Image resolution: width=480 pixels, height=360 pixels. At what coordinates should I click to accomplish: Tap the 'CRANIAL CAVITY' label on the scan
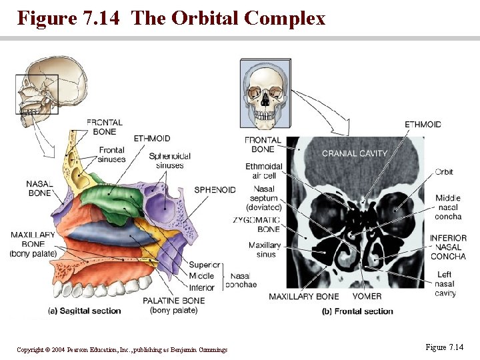point(354,153)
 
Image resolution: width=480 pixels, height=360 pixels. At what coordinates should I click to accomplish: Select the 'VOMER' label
point(367,296)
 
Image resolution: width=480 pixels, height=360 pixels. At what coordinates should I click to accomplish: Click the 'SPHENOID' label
point(215,190)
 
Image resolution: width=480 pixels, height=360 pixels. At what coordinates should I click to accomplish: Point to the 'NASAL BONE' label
point(39,188)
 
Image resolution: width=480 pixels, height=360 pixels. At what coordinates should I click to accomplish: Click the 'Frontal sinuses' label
point(112,155)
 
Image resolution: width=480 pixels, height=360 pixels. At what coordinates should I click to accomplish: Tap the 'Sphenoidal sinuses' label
point(169,161)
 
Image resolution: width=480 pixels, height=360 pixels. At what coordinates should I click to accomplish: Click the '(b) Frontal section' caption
point(357,311)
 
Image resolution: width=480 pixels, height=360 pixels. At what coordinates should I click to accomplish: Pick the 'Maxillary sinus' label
point(265,250)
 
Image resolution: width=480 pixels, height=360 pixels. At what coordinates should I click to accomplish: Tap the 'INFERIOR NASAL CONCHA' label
point(448,247)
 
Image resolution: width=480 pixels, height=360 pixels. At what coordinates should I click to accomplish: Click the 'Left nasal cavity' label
point(445,284)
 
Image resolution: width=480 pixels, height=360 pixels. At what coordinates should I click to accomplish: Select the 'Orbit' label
point(443,172)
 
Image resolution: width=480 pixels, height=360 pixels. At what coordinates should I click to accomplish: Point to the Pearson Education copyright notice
point(122,349)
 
